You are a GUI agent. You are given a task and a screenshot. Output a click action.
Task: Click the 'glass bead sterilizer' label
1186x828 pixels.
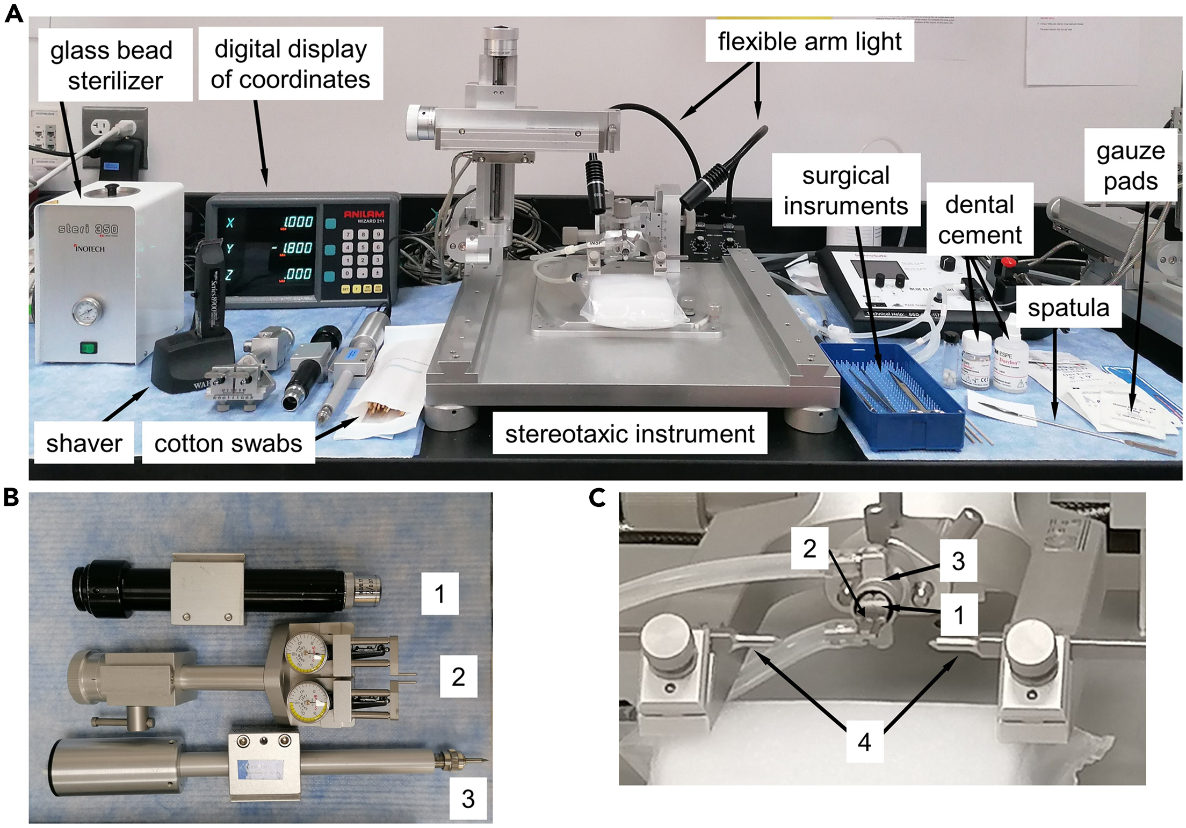point(114,65)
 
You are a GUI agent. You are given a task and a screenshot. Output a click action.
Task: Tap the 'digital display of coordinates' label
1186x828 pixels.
point(291,64)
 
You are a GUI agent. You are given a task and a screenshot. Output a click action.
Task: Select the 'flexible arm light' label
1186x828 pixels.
point(809,41)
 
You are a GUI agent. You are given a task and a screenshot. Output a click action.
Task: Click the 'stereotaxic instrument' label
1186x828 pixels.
point(630,434)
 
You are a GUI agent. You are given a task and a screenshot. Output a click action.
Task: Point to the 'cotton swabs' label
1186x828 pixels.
point(228,444)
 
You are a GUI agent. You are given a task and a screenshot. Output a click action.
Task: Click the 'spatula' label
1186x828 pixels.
point(1068,308)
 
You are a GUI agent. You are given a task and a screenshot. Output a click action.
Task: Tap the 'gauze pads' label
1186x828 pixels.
point(1130,165)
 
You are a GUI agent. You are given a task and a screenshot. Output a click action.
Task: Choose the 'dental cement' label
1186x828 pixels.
point(979,219)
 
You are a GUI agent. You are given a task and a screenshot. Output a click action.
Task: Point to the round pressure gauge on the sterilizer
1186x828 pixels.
point(89,310)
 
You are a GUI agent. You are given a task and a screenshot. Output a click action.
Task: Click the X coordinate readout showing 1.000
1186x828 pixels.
point(297,222)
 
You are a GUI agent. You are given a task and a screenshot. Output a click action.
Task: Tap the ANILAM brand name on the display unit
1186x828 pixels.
point(364,215)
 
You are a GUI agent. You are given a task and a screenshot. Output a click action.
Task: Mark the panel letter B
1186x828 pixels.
point(12,498)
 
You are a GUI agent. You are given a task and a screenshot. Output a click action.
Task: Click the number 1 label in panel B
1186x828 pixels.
point(439,593)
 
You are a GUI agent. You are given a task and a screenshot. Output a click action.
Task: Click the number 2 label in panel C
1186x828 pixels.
point(809,548)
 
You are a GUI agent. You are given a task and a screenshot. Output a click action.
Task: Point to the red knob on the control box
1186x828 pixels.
point(1009,263)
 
